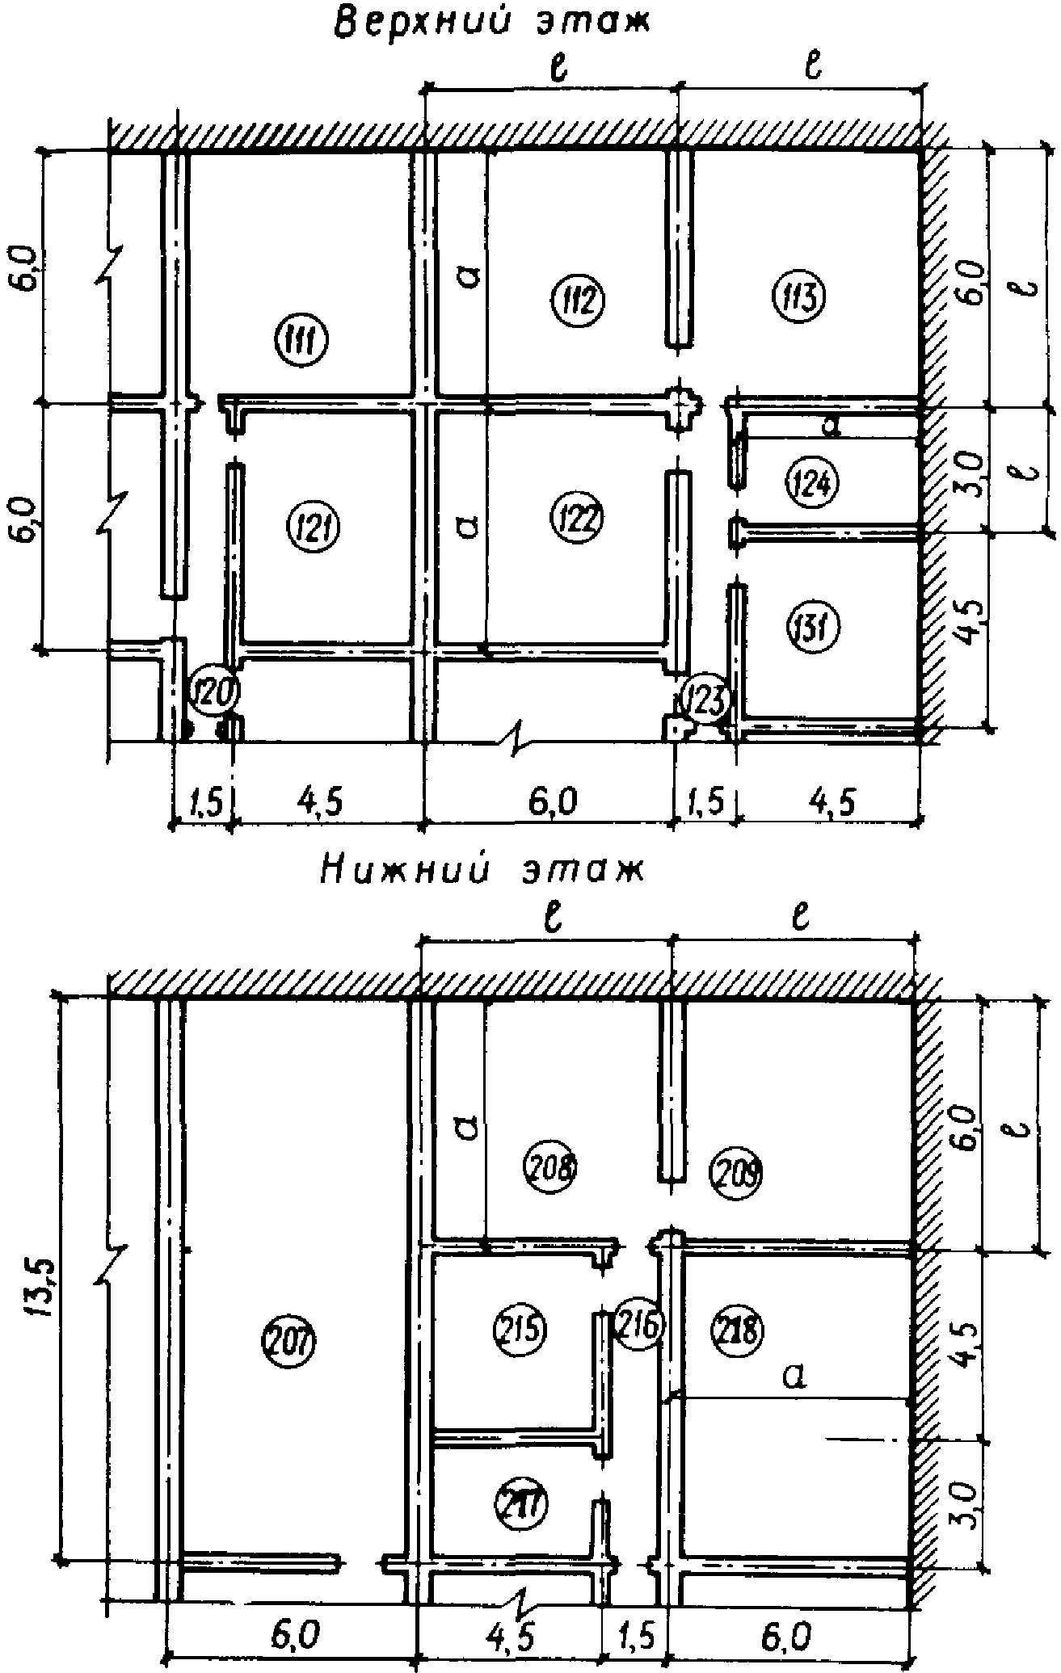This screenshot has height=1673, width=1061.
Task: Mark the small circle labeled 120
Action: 213,692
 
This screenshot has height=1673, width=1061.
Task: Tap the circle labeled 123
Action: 706,699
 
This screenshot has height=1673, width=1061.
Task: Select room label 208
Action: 553,1166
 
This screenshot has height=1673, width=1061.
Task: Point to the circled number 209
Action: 737,1171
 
